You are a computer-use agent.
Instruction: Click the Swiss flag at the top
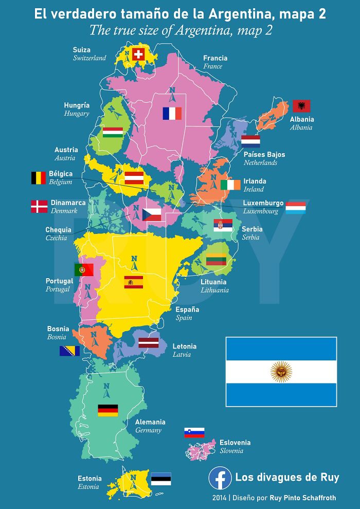138,54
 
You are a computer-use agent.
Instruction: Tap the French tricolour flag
172,114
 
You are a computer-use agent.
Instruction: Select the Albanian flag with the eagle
301,106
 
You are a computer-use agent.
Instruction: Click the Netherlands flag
250,141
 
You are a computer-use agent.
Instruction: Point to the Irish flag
230,185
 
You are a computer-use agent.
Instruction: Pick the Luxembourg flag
296,208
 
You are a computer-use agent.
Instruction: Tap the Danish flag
39,206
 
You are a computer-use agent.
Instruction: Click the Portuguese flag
84,269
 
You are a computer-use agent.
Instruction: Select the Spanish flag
134,282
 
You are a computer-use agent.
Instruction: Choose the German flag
108,410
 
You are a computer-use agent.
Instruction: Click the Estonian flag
161,479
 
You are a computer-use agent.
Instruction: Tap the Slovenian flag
194,432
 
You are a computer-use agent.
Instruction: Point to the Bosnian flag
69,351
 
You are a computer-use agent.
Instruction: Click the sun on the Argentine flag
281,372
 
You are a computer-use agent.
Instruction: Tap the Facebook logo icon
220,478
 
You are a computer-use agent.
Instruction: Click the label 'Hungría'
77,105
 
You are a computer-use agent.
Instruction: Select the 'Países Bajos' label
264,154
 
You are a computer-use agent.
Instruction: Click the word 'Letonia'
185,347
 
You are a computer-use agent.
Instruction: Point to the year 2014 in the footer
220,498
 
